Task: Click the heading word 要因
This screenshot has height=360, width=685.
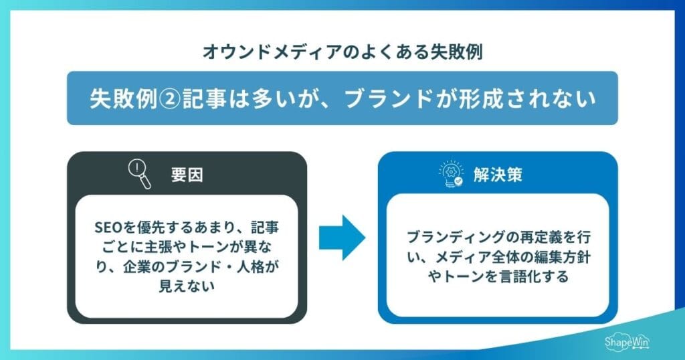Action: (x=187, y=176)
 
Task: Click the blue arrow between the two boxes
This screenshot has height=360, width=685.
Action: (x=342, y=238)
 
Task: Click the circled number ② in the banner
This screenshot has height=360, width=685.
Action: (x=159, y=98)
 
